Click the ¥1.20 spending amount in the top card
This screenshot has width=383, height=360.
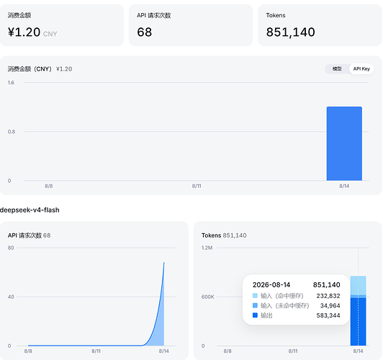[24, 32]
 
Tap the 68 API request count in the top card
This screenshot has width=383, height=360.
[145, 32]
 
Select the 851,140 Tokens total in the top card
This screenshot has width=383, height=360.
[290, 32]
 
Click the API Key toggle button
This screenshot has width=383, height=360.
[361, 69]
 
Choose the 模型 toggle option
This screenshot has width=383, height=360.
[337, 69]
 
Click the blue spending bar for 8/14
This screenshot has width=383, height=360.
[344, 143]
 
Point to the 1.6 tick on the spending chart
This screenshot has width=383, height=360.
[11, 83]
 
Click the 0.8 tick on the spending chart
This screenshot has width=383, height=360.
[12, 132]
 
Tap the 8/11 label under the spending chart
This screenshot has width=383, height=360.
[197, 186]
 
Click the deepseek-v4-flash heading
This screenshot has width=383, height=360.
[30, 210]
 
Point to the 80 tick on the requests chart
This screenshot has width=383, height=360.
[11, 248]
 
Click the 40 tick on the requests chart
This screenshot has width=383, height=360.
[11, 297]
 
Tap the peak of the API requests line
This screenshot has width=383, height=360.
[164, 263]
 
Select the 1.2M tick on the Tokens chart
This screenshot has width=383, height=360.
[207, 248]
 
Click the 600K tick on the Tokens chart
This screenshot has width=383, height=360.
[207, 297]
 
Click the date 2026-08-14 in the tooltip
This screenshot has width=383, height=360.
[271, 285]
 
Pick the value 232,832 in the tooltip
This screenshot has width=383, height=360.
[328, 296]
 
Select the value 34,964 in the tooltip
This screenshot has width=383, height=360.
[330, 306]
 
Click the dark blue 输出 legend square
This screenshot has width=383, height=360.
[255, 315]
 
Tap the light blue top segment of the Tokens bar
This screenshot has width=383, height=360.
[358, 286]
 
